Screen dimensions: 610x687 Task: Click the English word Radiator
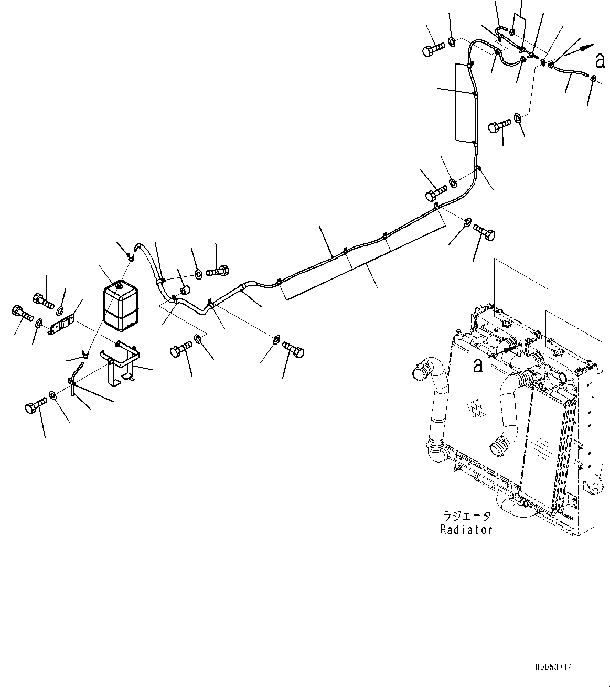click(466, 529)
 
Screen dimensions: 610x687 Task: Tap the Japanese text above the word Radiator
click(467, 516)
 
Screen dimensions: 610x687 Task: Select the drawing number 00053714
click(554, 667)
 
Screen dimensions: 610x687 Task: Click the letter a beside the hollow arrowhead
click(600, 61)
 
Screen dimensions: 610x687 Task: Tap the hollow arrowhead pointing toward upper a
click(588, 48)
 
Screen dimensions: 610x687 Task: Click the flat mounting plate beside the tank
click(61, 324)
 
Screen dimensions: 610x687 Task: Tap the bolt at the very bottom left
click(36, 405)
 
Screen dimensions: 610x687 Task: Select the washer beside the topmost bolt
click(452, 41)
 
